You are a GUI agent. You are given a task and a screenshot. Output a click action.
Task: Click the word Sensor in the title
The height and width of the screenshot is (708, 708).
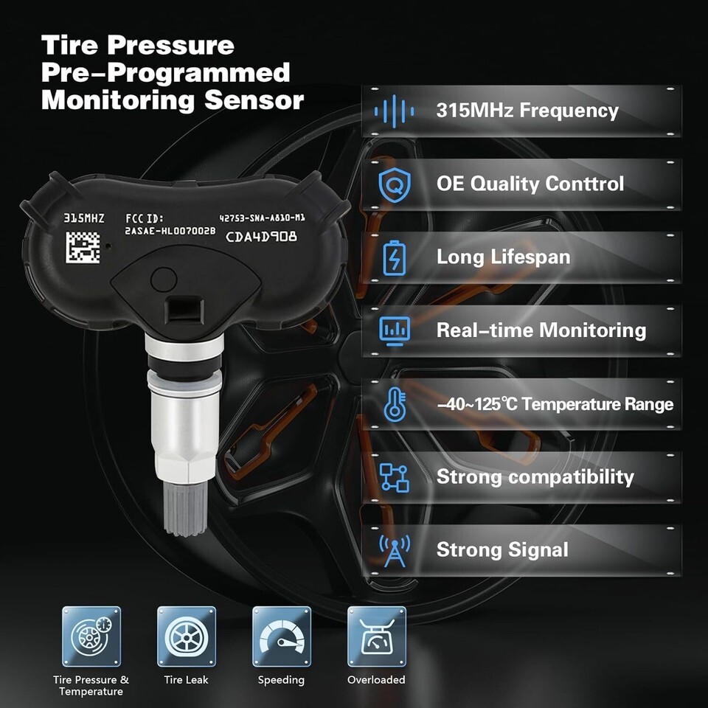[x=254, y=100]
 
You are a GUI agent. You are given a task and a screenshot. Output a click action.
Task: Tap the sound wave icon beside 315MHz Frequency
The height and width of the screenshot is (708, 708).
[x=394, y=111]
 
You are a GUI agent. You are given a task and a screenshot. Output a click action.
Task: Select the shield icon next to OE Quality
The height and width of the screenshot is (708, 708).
[x=395, y=184]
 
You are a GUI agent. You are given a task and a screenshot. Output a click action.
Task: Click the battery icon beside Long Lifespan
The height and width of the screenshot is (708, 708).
[x=394, y=258]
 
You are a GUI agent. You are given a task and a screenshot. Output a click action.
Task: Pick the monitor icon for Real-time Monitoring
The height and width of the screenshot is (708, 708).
[x=395, y=331]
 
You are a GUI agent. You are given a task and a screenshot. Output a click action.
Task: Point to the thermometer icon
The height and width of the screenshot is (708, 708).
[x=395, y=405]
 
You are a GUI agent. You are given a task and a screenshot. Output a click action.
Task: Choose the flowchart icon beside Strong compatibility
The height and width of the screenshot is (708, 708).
[x=394, y=478]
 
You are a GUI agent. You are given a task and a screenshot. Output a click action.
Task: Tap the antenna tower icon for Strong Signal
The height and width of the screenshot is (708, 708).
[x=395, y=551]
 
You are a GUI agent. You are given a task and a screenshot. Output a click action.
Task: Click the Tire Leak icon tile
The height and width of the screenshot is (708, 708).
[x=187, y=636]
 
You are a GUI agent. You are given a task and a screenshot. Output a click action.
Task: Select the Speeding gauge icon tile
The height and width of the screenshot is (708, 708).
[x=282, y=636]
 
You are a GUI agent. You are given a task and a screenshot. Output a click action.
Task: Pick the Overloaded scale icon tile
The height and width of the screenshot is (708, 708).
[x=377, y=636]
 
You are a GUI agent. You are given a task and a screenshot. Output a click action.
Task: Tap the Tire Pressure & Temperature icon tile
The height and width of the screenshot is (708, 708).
[x=91, y=636]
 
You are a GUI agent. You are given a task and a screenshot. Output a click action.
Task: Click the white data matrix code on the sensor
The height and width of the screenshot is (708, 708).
[x=83, y=247]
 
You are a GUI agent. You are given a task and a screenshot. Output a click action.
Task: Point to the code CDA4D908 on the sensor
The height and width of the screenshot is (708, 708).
[x=261, y=237]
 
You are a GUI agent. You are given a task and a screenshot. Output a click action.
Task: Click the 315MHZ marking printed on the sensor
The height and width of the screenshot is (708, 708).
[x=84, y=218]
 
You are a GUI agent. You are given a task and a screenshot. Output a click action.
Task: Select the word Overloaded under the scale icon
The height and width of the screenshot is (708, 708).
[x=376, y=679]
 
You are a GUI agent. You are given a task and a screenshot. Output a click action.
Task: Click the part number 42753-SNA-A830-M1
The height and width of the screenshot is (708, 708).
[x=262, y=218]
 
